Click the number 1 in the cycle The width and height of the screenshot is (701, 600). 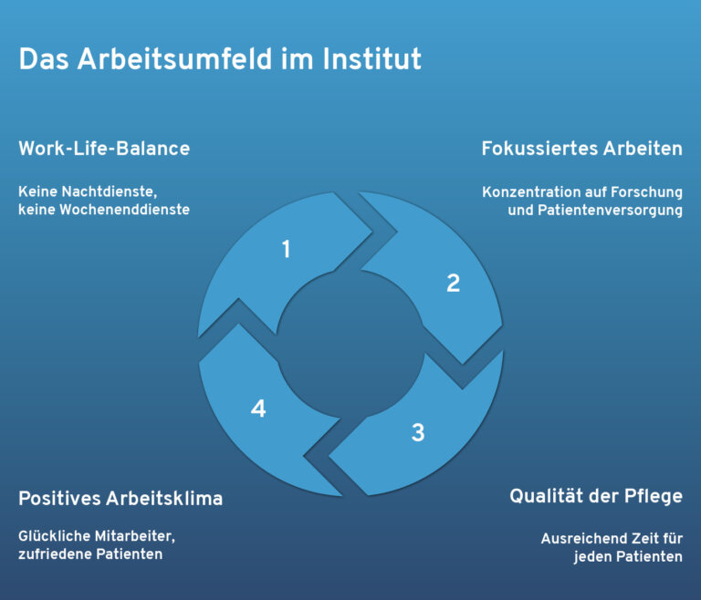point(287,249)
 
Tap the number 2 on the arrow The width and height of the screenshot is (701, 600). point(453,283)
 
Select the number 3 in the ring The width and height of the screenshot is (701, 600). point(418,432)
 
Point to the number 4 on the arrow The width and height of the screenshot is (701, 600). point(258,409)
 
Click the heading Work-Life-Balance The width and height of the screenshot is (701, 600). point(104,149)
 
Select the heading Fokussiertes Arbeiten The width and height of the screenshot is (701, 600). point(582,149)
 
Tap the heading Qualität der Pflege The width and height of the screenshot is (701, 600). point(596,496)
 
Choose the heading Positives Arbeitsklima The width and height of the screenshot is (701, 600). point(120,498)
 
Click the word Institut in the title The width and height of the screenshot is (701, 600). point(372,59)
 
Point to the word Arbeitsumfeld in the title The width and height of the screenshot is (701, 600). point(174,59)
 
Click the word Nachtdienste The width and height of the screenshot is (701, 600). point(110,191)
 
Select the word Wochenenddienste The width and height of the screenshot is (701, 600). point(124,210)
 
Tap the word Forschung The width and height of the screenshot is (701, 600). point(646,193)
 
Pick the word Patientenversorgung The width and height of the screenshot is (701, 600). point(610,211)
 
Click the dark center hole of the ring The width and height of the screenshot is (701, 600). point(350,344)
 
